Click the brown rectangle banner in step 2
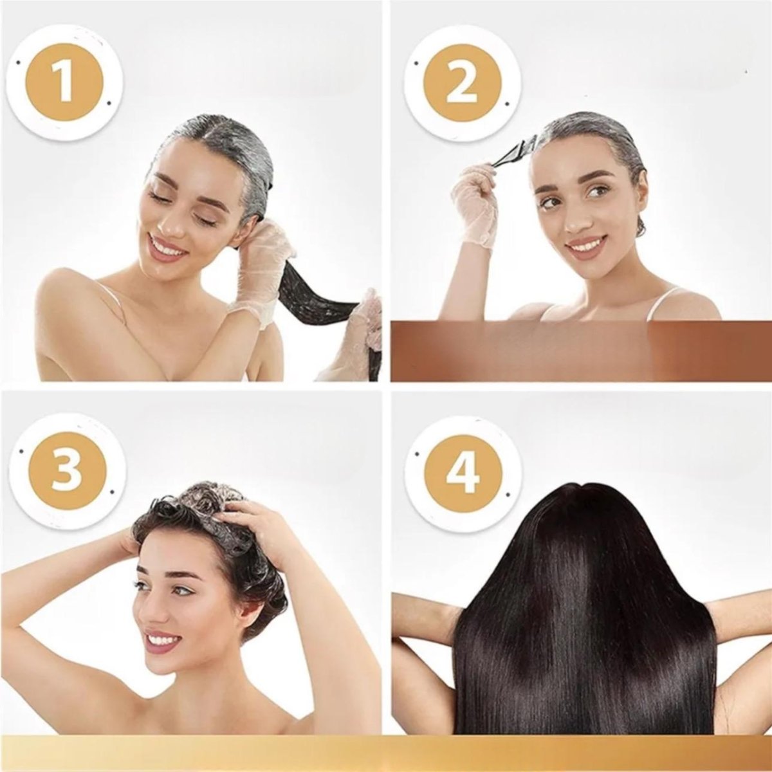(x=581, y=353)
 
